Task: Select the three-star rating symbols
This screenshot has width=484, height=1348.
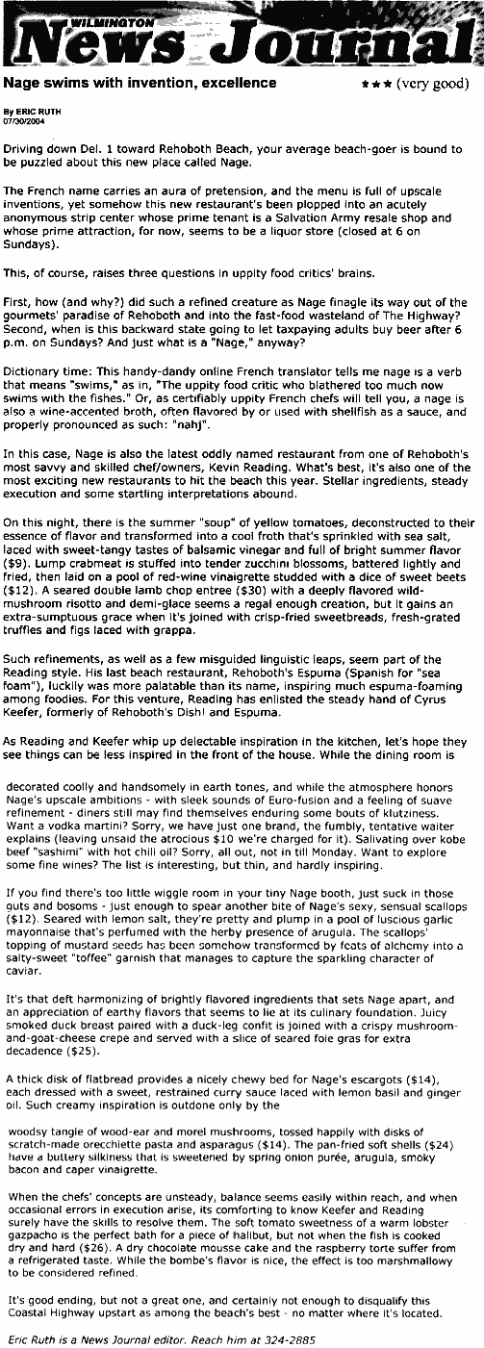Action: (374, 85)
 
